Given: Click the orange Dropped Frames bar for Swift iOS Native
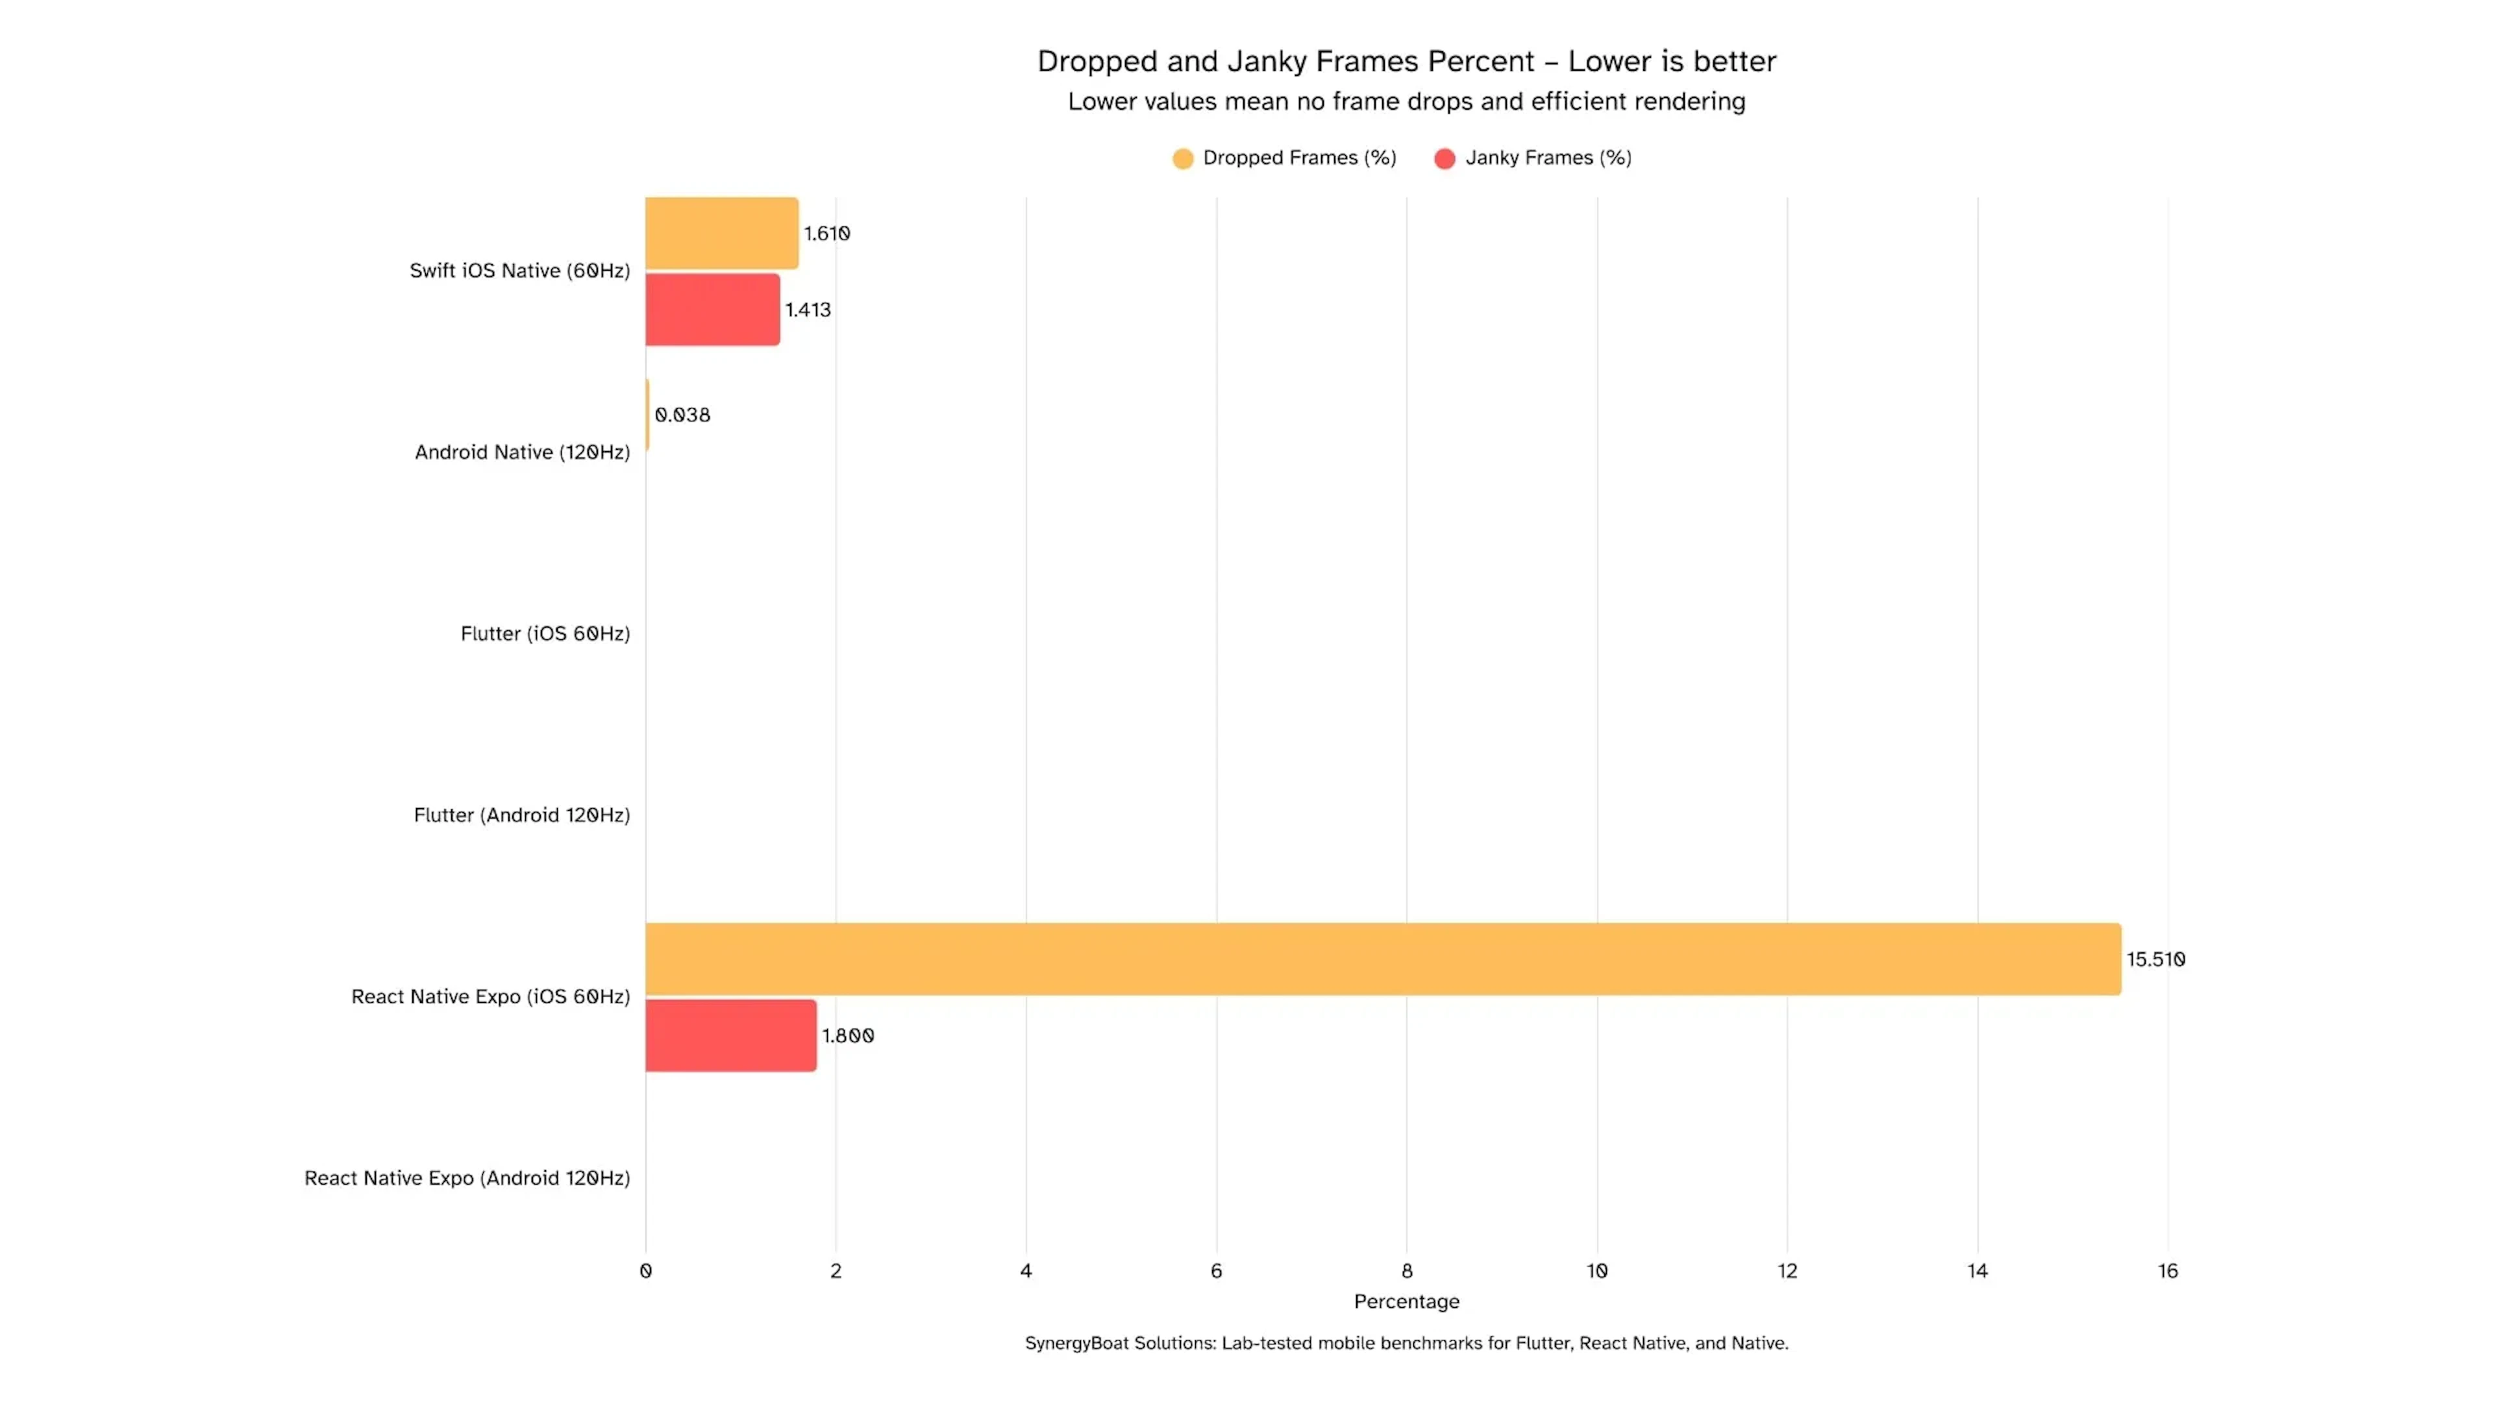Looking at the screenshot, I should coord(721,233).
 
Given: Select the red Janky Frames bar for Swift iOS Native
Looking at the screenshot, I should coord(712,310).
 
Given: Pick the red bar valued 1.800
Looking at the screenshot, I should coord(730,1035).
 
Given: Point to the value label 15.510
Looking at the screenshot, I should coord(2155,959).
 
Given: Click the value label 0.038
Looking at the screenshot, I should coord(682,415).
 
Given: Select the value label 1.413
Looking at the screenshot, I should coord(807,310).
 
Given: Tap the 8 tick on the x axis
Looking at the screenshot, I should coord(1406,1270).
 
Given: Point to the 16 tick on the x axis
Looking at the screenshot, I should coord(2167,1270).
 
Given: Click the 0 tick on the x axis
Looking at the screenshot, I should coord(645,1270).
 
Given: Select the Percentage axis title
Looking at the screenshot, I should coord(1406,1301).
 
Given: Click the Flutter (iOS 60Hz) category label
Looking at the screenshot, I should coord(545,633).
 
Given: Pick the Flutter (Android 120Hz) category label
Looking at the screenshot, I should coord(521,815).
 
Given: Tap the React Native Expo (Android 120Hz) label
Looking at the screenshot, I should coord(467,1177).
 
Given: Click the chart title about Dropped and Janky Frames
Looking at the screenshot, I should coord(1406,61).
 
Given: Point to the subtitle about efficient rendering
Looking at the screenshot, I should coord(1406,102).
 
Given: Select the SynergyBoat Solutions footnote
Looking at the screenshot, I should coord(1406,1343).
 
